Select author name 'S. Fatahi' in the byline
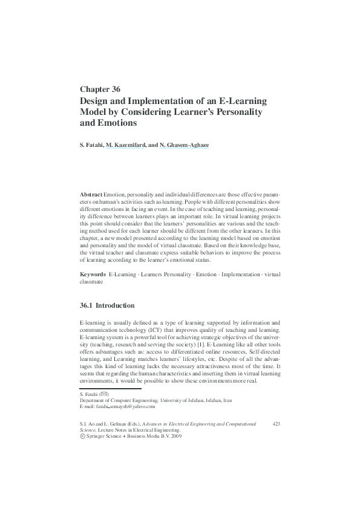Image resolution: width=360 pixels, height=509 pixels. [x=93, y=146]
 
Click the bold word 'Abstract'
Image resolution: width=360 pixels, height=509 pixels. [x=91, y=194]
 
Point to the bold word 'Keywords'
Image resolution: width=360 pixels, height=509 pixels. [x=93, y=274]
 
